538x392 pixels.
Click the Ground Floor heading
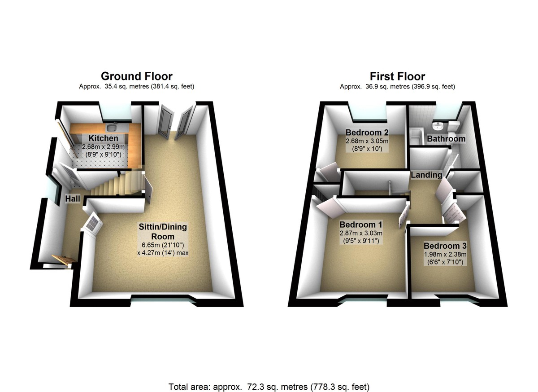(136, 76)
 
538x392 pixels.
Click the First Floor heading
(397, 76)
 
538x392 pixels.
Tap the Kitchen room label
(103, 138)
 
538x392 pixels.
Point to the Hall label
(73, 198)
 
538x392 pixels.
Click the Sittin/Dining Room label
(162, 232)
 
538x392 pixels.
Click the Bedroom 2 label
(367, 132)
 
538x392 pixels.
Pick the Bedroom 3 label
(445, 246)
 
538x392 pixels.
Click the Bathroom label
(446, 139)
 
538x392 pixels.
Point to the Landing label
(426, 175)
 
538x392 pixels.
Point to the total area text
(269, 386)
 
